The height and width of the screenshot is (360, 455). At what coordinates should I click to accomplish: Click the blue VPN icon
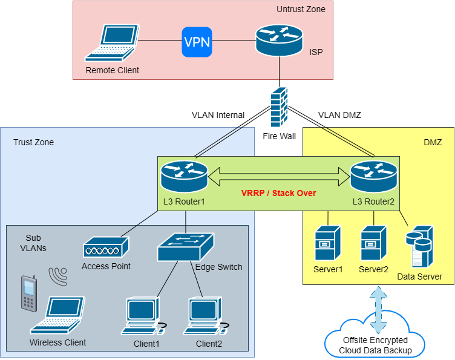[198, 42]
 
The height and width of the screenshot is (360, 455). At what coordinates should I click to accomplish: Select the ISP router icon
[279, 41]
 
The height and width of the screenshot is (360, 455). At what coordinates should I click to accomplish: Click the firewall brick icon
[279, 107]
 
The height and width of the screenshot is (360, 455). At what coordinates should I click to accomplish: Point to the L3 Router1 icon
[184, 174]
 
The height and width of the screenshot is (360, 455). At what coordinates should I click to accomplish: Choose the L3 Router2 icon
[374, 174]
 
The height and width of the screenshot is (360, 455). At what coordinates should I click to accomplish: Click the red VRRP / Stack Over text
[279, 192]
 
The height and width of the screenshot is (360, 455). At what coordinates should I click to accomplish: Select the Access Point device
[106, 247]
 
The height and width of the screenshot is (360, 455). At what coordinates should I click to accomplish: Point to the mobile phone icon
[28, 294]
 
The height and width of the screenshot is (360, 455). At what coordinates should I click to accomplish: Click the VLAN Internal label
[218, 115]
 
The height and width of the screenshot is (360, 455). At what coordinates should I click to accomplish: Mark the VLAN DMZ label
[339, 115]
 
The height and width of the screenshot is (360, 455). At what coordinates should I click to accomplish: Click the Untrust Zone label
[301, 9]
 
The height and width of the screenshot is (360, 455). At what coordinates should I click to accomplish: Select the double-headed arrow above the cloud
[379, 310]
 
